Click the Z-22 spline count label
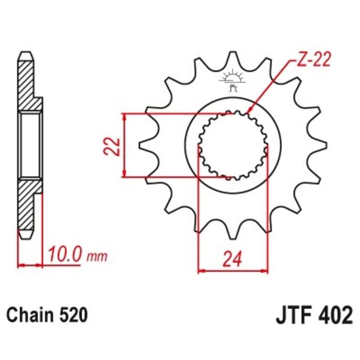(313, 60)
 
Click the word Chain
(30, 315)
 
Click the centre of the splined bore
(233, 145)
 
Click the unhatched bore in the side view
(31, 145)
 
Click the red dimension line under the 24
(233, 271)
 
